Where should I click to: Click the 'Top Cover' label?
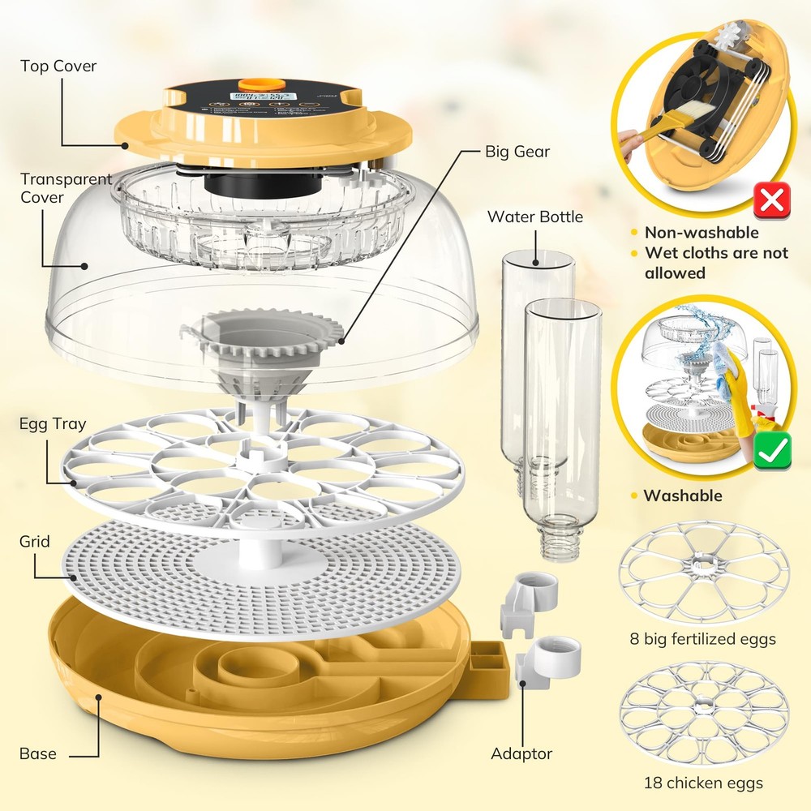point(58,66)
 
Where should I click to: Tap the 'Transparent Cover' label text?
point(66,187)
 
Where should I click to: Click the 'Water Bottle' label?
point(535,217)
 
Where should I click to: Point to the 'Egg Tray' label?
point(53,424)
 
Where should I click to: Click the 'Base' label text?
point(38,753)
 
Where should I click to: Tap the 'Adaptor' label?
point(521,753)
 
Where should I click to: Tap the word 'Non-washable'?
point(702,233)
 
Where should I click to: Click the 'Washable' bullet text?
point(682,496)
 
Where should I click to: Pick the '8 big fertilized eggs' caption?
point(702,639)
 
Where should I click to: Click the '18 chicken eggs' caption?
point(703,783)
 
